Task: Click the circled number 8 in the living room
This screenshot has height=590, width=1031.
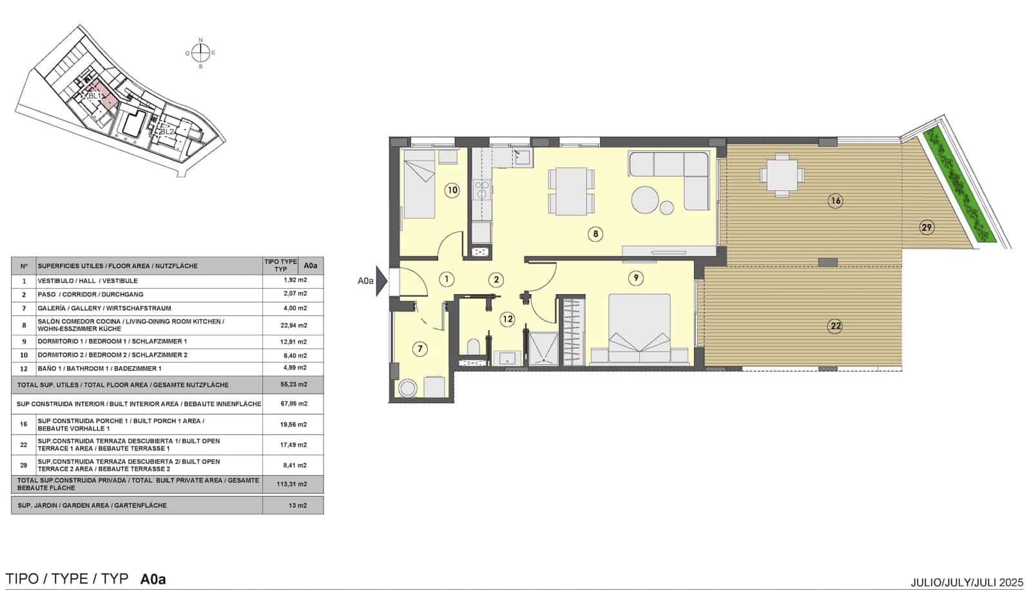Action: tap(595, 234)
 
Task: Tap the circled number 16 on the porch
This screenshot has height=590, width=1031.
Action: tap(835, 201)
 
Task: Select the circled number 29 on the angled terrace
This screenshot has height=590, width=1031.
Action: tap(927, 227)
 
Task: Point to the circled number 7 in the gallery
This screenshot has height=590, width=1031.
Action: tap(419, 349)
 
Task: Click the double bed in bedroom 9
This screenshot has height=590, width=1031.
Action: tap(640, 329)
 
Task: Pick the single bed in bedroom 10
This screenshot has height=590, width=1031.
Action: tap(419, 189)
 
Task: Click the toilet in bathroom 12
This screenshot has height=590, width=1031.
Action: tap(474, 348)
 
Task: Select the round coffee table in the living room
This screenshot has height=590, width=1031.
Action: tap(646, 199)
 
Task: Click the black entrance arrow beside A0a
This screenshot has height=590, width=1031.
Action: tap(381, 281)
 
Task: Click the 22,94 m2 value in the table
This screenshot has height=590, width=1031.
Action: tap(295, 326)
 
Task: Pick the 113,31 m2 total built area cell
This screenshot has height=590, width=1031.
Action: tap(295, 484)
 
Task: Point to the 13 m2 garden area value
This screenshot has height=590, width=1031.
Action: tap(297, 506)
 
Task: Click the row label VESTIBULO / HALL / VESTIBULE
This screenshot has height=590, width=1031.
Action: tap(88, 281)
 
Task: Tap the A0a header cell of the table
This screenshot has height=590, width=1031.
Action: tap(311, 266)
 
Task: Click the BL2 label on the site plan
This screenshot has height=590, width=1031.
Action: tap(167, 132)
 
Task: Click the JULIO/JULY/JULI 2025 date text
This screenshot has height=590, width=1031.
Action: tap(967, 582)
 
